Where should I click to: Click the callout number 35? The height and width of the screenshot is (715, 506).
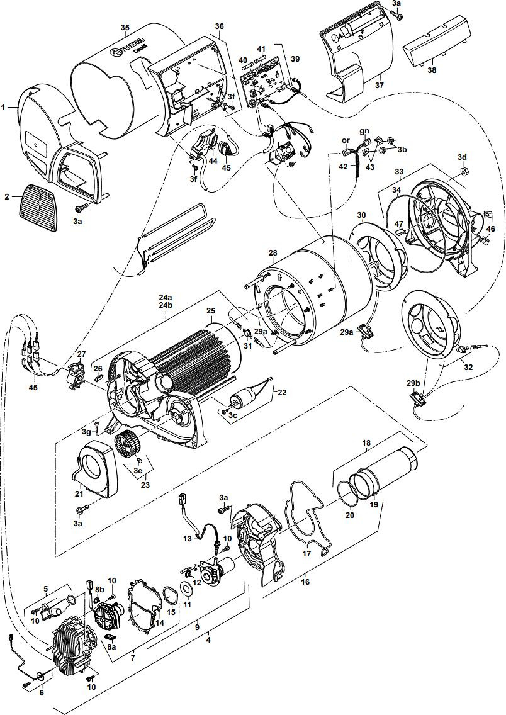[x=125, y=27]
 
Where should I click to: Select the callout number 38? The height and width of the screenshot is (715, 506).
[x=432, y=71]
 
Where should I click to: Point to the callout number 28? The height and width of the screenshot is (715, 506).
[x=273, y=252]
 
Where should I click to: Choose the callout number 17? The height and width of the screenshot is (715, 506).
[x=307, y=554]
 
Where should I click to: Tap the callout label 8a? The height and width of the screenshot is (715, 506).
[x=111, y=646]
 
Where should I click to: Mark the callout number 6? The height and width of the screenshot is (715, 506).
[x=42, y=692]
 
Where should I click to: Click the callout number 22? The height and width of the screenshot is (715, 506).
[x=282, y=392]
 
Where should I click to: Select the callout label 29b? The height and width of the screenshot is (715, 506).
[x=413, y=383]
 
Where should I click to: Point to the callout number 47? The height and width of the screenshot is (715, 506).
[x=399, y=223]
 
